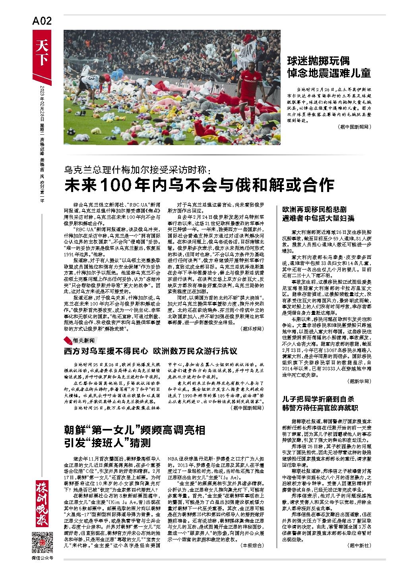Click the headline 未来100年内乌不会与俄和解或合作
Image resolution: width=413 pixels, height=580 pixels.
(x=200, y=185)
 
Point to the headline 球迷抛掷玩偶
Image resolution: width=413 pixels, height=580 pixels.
(x=319, y=61)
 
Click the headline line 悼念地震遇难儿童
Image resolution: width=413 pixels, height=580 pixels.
(x=330, y=73)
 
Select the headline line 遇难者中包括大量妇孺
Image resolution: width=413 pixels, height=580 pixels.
(x=318, y=218)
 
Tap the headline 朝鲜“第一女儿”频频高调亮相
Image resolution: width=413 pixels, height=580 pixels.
(x=135, y=431)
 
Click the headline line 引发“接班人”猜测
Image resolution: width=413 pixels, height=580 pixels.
(x=109, y=442)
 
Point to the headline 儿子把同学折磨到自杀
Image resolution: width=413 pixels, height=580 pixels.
(x=318, y=399)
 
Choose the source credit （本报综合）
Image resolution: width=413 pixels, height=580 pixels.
(x=252, y=545)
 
